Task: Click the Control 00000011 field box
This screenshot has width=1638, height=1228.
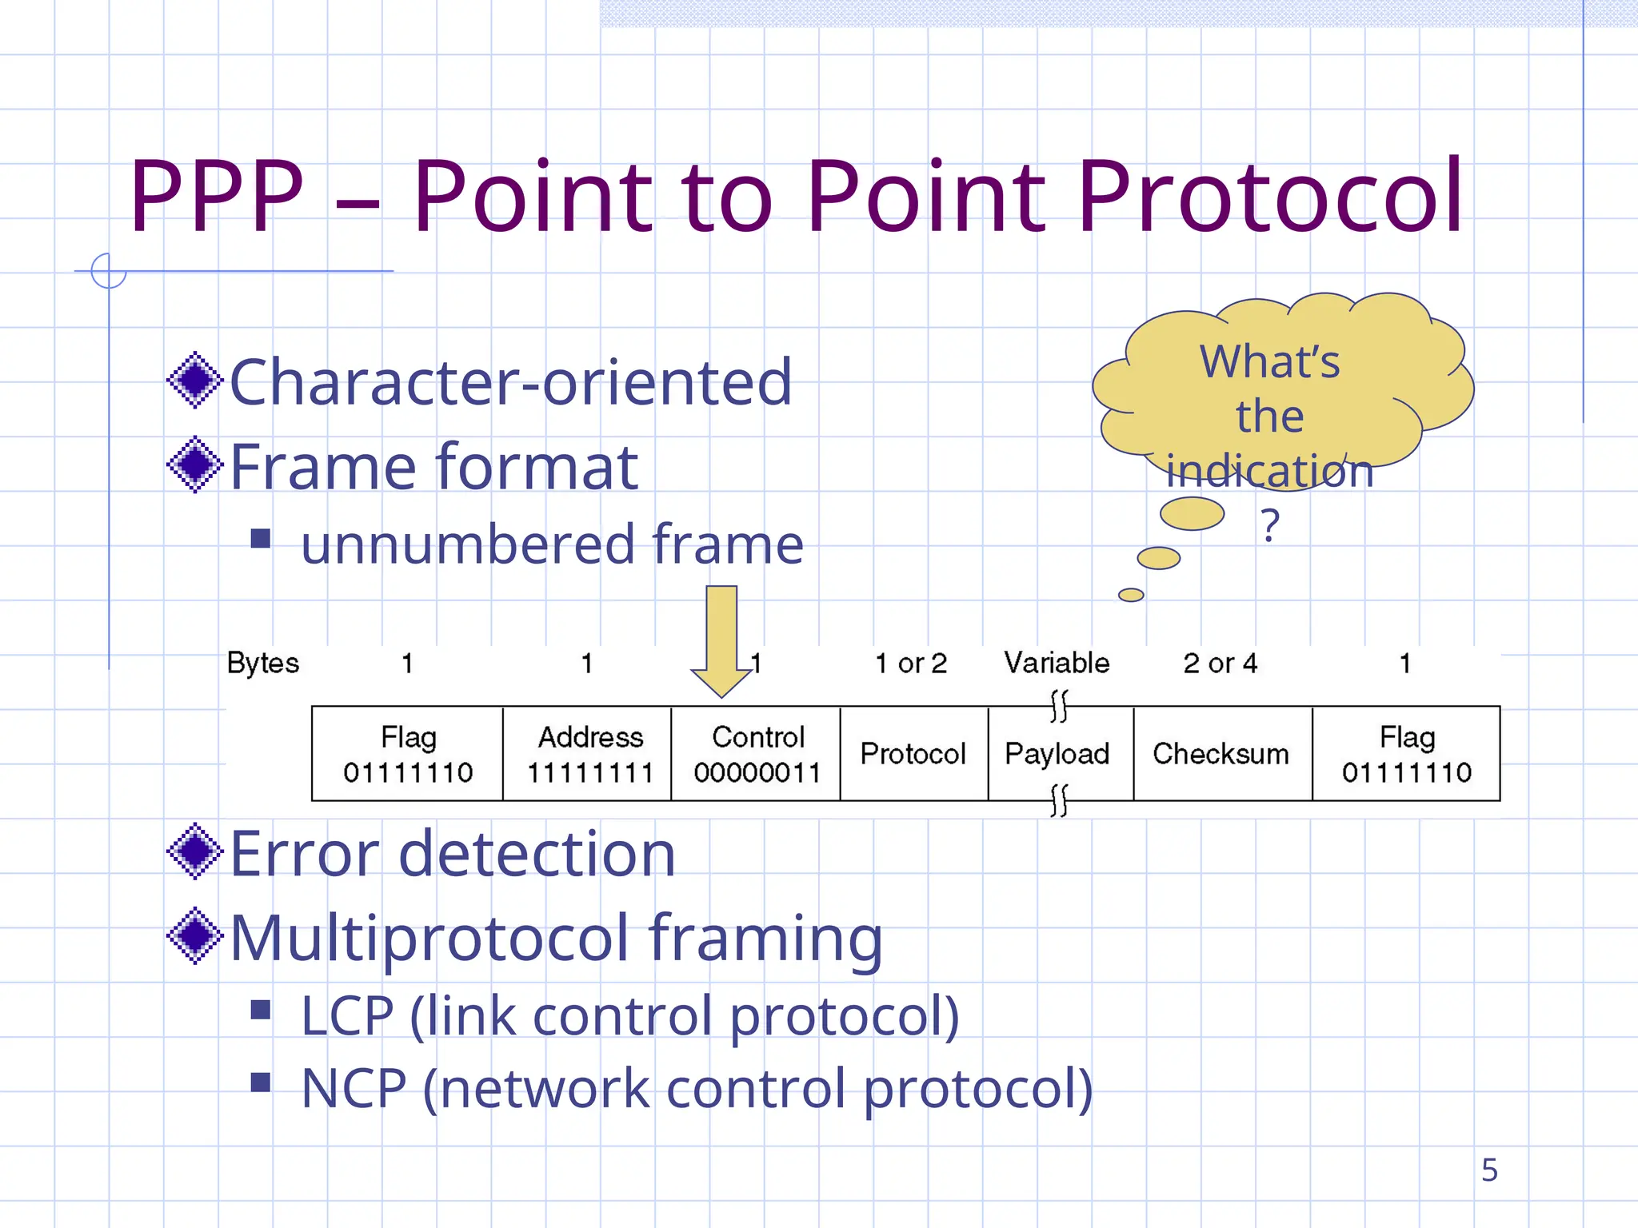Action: (x=756, y=754)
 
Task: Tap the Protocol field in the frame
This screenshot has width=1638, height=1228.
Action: (x=913, y=754)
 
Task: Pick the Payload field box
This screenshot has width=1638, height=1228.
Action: (x=1057, y=754)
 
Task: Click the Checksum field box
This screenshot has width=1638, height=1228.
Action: (x=1221, y=754)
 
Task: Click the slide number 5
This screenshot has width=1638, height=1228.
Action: (x=1488, y=1170)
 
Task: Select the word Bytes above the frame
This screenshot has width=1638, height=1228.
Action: (x=262, y=663)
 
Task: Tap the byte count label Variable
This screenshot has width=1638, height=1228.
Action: (x=1057, y=663)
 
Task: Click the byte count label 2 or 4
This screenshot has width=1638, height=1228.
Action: (x=1220, y=663)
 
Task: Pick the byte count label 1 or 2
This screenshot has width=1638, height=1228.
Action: (x=911, y=663)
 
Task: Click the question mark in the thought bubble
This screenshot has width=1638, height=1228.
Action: (x=1270, y=525)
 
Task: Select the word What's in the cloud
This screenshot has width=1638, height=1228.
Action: (x=1269, y=361)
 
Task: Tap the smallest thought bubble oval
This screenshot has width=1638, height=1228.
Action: (x=1131, y=595)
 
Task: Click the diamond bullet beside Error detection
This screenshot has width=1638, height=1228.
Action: (x=194, y=851)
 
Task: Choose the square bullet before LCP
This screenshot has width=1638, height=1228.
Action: (x=261, y=1011)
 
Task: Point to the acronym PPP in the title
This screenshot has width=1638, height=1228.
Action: (x=217, y=197)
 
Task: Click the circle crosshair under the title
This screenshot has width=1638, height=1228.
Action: (x=109, y=271)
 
